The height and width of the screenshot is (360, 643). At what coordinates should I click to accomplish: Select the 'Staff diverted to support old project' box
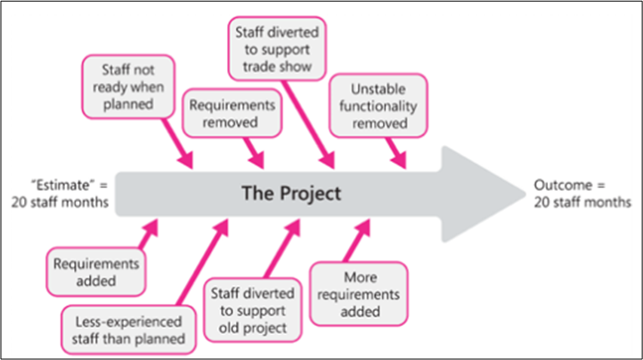[248, 309]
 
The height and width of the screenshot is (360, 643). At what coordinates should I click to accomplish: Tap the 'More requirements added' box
[359, 293]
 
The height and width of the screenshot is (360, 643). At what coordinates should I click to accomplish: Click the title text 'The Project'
[292, 192]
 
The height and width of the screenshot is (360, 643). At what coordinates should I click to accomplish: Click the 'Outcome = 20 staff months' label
[582, 193]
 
